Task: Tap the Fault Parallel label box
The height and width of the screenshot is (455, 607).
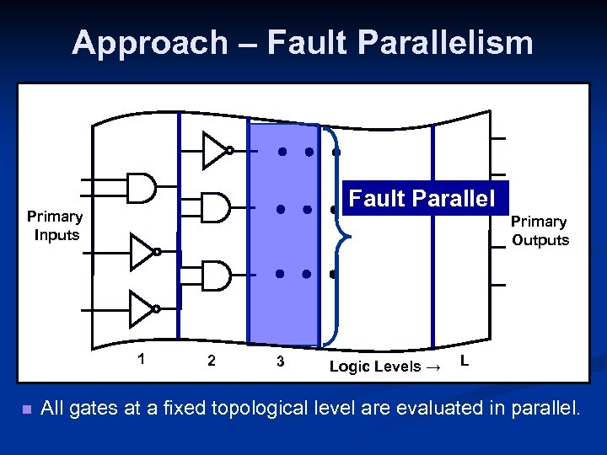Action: point(422,199)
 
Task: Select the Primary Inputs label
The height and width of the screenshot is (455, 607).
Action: point(55,226)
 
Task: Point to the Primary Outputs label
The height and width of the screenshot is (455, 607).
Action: point(540,231)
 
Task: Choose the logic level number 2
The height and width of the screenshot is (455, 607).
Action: point(211,361)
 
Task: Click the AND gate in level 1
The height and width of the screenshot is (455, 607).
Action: point(141,188)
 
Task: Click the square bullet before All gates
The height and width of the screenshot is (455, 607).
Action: point(27,410)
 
